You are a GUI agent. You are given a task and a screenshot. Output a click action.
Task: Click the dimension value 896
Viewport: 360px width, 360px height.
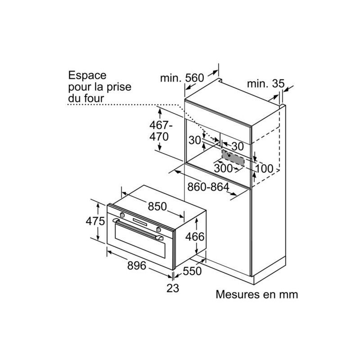pyautogui.click(x=136, y=265)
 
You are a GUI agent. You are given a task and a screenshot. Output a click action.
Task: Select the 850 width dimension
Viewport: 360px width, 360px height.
pyautogui.click(x=157, y=207)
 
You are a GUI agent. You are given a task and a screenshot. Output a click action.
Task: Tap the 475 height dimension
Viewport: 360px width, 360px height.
pyautogui.click(x=95, y=221)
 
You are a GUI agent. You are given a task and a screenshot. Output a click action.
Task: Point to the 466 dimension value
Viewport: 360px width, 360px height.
pyautogui.click(x=195, y=236)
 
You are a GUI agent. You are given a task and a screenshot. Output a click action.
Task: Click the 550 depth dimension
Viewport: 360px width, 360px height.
pyautogui.click(x=192, y=271)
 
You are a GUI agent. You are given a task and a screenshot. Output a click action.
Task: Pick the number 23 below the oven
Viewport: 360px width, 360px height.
pyautogui.click(x=172, y=288)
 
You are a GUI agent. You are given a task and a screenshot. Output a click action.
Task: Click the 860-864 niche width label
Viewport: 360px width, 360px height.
pyautogui.click(x=208, y=186)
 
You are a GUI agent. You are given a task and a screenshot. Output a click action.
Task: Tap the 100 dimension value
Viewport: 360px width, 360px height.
pyautogui.click(x=264, y=169)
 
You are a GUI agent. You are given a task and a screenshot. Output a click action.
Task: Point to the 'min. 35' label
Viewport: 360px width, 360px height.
pyautogui.click(x=265, y=83)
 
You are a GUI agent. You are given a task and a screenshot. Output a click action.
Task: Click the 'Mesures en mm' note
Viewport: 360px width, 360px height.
pyautogui.click(x=257, y=295)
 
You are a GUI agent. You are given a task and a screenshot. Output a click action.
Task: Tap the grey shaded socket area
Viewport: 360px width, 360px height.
pyautogui.click(x=233, y=157)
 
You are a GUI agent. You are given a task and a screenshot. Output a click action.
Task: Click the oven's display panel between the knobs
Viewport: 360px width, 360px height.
pyautogui.click(x=140, y=222)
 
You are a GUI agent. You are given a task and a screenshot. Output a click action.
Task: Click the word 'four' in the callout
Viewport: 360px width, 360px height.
pyautogui.click(x=93, y=98)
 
